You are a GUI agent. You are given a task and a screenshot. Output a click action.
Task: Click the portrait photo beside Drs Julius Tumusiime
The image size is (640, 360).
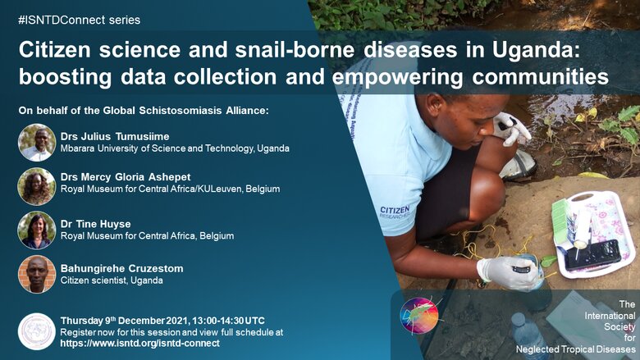click(37, 143)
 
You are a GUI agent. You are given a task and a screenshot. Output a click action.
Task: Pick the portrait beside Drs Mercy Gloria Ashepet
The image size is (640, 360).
click(37, 186)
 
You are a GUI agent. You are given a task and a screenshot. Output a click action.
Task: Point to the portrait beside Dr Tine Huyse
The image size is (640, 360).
click(37, 230)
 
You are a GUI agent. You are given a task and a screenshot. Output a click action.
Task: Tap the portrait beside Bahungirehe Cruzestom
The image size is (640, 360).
click(37, 275)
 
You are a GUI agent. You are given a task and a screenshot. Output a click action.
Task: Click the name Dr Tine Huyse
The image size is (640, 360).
click(95, 224)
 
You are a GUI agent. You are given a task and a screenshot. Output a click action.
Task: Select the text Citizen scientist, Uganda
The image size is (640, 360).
click(112, 280)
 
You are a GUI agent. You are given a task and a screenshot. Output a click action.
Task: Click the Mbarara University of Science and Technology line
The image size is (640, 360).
click(175, 148)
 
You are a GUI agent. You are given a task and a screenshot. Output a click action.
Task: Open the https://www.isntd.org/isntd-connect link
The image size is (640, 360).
click(140, 344)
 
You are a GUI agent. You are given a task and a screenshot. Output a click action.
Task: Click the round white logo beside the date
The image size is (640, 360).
click(37, 331)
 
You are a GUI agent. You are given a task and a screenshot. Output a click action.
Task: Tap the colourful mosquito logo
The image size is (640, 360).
click(419, 316)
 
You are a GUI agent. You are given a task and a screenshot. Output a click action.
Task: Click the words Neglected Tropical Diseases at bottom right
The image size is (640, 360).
click(575, 349)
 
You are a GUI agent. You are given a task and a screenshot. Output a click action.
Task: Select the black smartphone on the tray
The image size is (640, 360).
click(592, 254)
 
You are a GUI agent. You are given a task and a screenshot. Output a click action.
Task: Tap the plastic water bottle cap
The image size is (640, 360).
click(518, 318)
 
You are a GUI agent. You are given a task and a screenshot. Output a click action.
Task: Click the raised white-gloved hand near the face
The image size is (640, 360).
click(511, 128)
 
